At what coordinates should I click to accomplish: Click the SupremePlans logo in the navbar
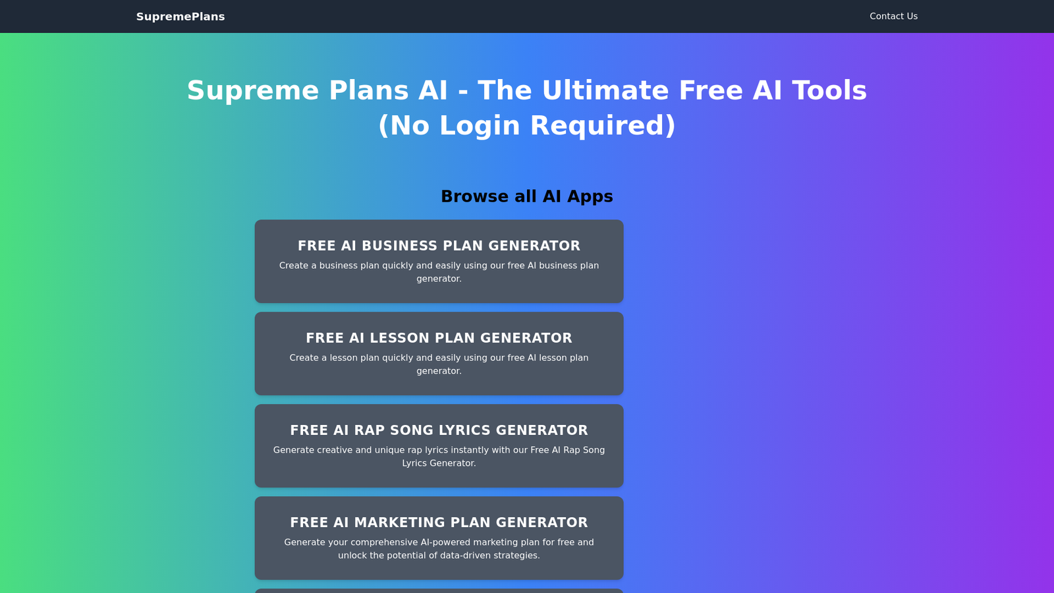[x=180, y=16]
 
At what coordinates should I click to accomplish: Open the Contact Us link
[x=893, y=16]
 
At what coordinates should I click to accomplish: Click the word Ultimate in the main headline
[x=605, y=90]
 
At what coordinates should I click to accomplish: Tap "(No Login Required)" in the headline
[x=527, y=125]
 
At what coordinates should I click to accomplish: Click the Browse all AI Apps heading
[x=527, y=196]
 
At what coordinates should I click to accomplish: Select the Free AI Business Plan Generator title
[x=439, y=246]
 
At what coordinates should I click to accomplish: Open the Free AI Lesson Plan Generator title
[x=439, y=338]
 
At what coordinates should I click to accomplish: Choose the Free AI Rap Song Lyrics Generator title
[x=439, y=430]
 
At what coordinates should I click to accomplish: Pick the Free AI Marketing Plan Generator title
[x=439, y=522]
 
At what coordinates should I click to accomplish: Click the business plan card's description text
[x=439, y=272]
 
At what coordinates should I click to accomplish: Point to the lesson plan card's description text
[x=439, y=364]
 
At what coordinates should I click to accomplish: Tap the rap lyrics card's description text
[x=439, y=457]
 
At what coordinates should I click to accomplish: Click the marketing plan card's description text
[x=439, y=549]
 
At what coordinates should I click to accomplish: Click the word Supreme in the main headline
[x=253, y=91]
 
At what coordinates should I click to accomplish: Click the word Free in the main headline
[x=711, y=90]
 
